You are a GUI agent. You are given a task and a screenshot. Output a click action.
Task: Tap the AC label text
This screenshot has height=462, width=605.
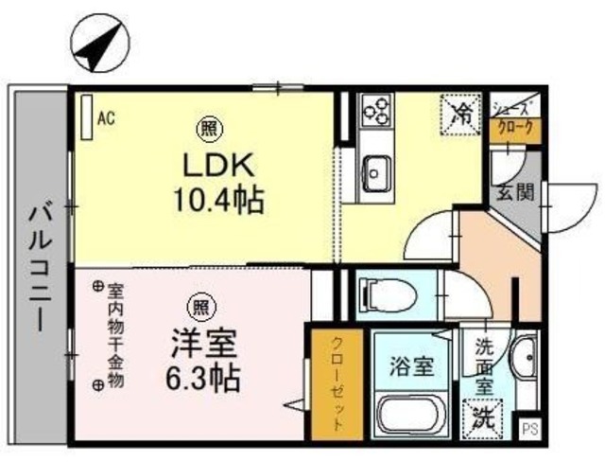(107, 117)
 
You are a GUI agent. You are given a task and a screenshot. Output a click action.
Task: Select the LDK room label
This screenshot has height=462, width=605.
(217, 165)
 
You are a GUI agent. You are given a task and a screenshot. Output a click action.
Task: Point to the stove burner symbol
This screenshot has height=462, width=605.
(375, 110)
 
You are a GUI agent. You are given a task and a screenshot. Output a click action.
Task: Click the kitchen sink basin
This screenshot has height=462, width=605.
(377, 172)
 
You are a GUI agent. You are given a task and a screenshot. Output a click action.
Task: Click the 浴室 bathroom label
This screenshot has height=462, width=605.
(411, 365)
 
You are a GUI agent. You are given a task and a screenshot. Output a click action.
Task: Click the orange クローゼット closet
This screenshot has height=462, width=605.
(335, 383)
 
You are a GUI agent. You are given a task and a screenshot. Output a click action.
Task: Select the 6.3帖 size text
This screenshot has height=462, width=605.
(200, 379)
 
